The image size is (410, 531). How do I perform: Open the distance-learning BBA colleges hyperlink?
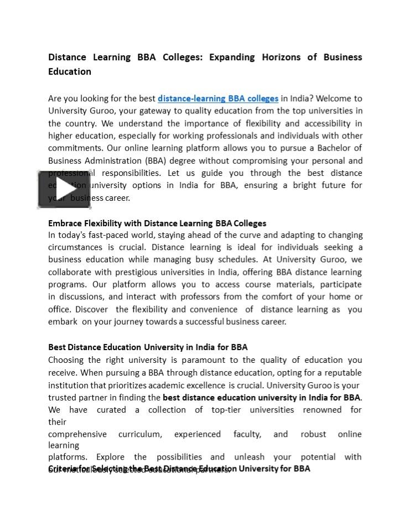click(x=218, y=98)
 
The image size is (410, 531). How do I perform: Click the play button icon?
click(x=64, y=189)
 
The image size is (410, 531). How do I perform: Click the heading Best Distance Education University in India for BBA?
click(x=148, y=347)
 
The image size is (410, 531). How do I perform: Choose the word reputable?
click(x=341, y=372)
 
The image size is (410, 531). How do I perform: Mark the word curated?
click(x=111, y=410)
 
